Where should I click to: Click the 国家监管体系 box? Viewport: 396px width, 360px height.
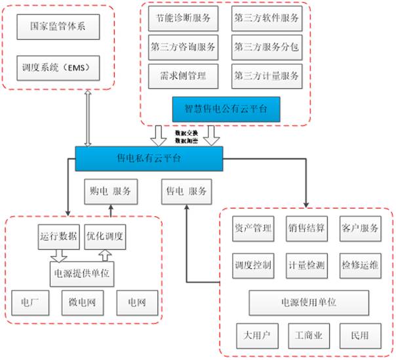58,28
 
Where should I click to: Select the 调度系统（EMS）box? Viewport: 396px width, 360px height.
58,67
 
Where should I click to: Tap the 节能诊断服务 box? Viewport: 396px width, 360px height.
184,19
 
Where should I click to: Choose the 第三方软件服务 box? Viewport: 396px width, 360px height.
266,19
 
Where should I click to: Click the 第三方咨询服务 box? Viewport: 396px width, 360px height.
184,47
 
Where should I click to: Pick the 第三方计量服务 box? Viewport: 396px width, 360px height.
266,76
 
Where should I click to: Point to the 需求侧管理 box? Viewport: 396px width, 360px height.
184,76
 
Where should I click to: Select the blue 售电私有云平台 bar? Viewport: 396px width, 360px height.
149,157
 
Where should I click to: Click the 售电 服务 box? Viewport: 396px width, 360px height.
187,191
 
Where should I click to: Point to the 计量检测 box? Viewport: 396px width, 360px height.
306,266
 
